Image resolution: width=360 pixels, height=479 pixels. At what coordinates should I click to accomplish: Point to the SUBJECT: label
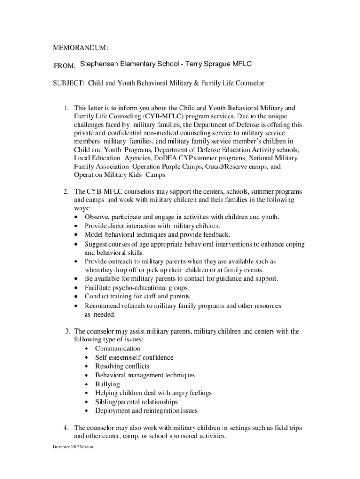click(x=69, y=83)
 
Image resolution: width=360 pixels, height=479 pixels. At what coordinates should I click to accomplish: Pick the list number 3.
click(x=68, y=331)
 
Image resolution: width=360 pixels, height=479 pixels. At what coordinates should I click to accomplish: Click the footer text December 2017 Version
click(x=72, y=447)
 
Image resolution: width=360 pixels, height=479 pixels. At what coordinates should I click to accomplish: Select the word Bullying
click(x=108, y=384)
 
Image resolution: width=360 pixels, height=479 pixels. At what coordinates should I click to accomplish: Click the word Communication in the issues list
click(x=117, y=348)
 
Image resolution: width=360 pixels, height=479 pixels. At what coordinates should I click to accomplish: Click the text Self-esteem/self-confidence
click(x=134, y=357)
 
